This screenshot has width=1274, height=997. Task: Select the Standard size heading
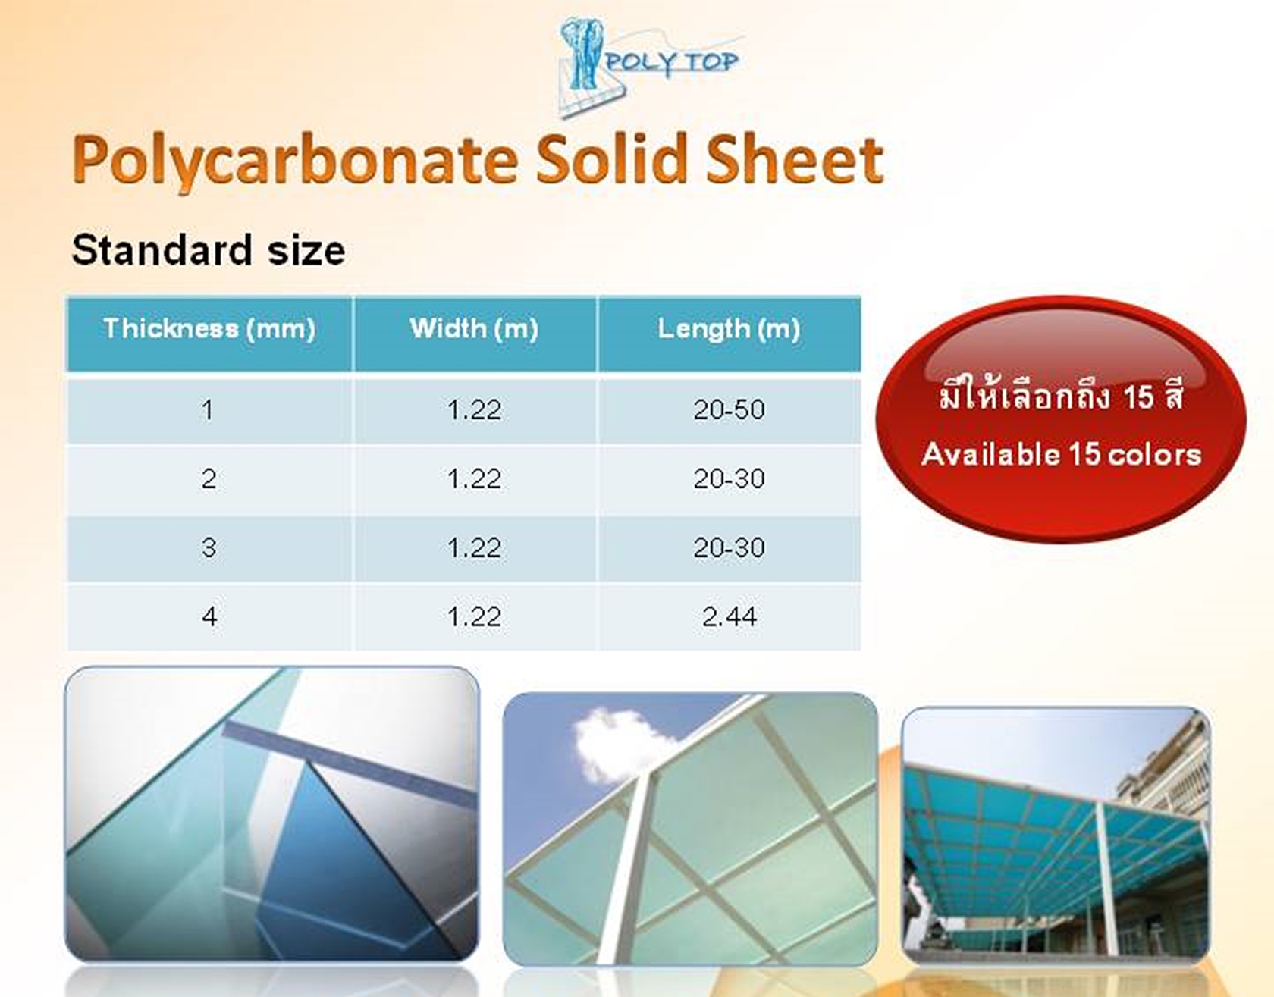209,249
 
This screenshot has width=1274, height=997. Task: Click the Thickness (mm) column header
209,328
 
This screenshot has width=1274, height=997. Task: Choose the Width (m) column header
474,328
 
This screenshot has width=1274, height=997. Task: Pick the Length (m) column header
729,329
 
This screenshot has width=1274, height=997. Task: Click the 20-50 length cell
729,410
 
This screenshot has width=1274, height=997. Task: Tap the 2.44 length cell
729,616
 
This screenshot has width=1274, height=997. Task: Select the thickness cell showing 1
208,410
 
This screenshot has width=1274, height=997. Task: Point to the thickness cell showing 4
209,616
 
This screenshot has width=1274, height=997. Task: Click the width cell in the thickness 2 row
474,479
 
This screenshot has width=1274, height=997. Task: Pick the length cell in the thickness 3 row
729,547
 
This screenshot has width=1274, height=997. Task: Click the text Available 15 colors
1062,455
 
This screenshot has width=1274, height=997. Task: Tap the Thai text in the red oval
1061,395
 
